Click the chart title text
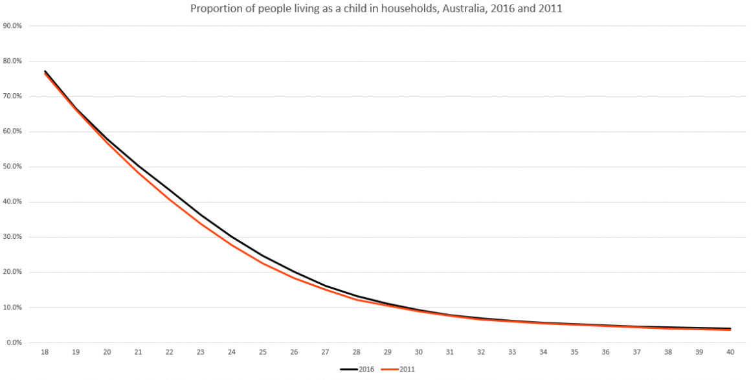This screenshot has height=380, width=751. point(375,9)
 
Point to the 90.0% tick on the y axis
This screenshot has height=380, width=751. point(13,27)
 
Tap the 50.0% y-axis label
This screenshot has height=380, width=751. point(13,167)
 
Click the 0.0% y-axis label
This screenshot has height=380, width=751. point(14,342)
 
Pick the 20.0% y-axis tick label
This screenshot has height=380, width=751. point(13,272)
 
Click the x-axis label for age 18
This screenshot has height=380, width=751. point(45,353)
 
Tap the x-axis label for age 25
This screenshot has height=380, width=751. point(263,353)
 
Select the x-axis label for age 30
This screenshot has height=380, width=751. point(419,353)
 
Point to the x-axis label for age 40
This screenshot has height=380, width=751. point(730,353)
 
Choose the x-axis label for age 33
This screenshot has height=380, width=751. point(512,353)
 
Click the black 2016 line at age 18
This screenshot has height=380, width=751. point(45,71)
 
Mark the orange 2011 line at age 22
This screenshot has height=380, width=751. point(170,200)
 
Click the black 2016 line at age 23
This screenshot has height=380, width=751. point(201,214)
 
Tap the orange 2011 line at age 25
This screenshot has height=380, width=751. point(263,263)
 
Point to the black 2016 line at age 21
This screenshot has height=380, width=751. point(139,166)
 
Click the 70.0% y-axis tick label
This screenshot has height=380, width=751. point(13,96)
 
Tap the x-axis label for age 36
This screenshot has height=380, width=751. point(606,353)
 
